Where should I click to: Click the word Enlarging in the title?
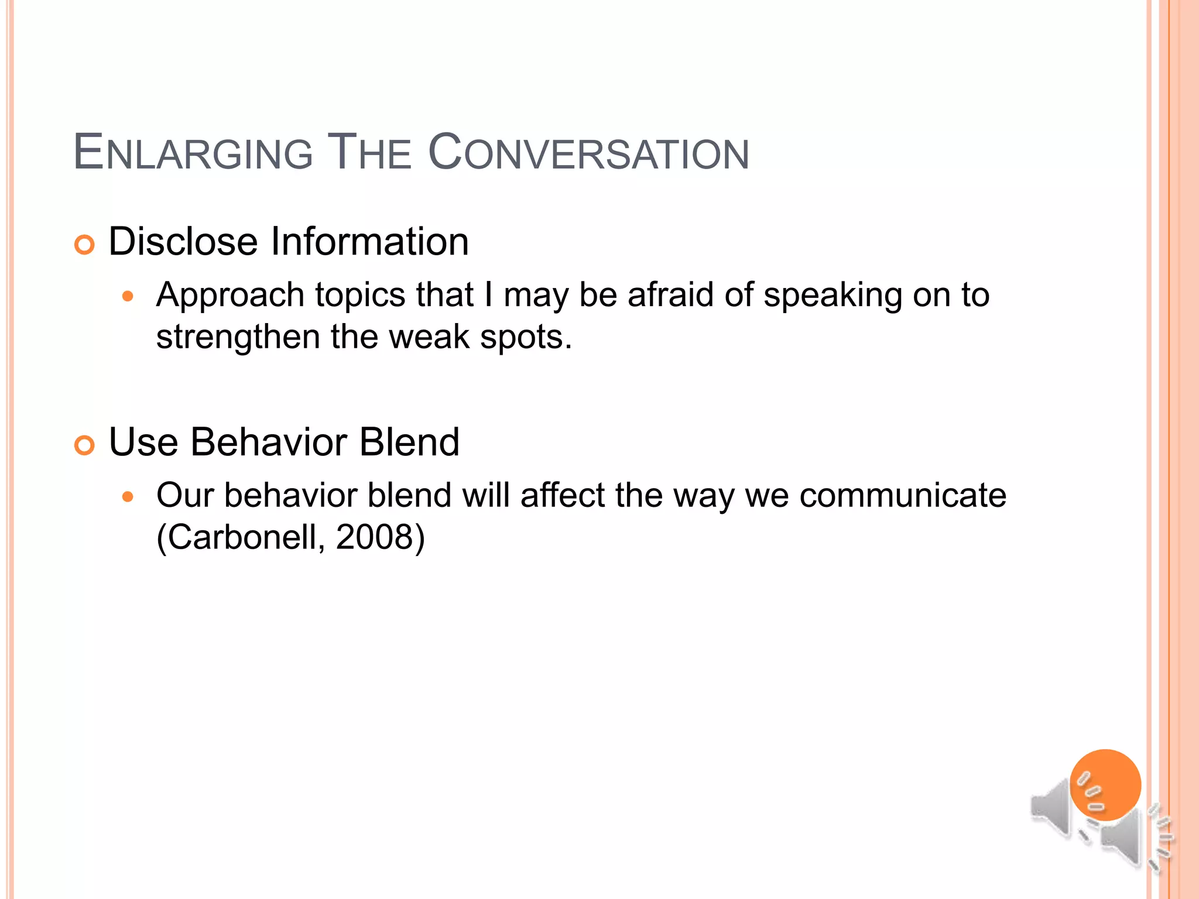pyautogui.click(x=193, y=153)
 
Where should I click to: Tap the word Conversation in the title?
pyautogui.click(x=588, y=153)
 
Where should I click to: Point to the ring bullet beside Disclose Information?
pyautogui.click(x=85, y=245)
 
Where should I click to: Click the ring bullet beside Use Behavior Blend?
pyautogui.click(x=85, y=445)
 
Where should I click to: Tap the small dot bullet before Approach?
pyautogui.click(x=128, y=297)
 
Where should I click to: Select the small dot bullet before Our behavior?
pyautogui.click(x=128, y=497)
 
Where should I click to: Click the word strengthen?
pyautogui.click(x=238, y=337)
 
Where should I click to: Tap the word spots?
pyautogui.click(x=525, y=338)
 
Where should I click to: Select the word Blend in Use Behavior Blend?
pyautogui.click(x=409, y=442)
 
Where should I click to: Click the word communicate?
pyautogui.click(x=903, y=495)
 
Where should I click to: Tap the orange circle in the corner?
pyautogui.click(x=1105, y=784)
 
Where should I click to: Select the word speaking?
pyautogui.click(x=833, y=296)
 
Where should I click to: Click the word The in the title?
pyautogui.click(x=369, y=153)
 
